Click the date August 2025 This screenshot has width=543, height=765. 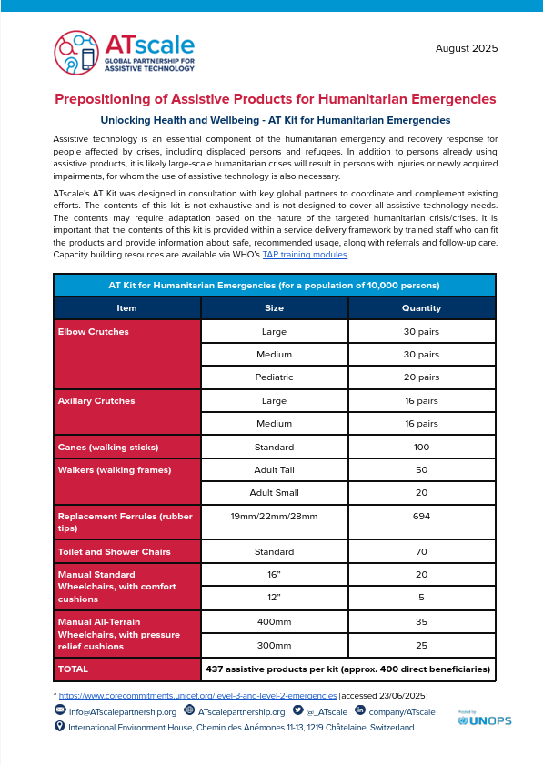click(x=466, y=48)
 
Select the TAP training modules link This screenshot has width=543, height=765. click(x=305, y=255)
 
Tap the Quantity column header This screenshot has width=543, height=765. click(x=421, y=308)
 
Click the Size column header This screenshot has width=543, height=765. click(x=274, y=308)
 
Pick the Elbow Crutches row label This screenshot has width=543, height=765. click(x=94, y=332)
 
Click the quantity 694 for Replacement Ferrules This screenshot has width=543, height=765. click(x=421, y=517)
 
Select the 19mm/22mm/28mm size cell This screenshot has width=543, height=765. click(x=274, y=517)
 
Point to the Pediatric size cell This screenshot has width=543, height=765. click(x=274, y=377)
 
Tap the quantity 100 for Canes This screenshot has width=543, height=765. click(x=421, y=448)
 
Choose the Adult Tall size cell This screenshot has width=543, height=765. click(x=274, y=470)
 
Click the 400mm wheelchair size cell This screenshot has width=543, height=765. click(x=274, y=622)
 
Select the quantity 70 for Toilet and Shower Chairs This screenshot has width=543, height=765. click(x=421, y=552)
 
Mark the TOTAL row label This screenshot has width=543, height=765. click(x=74, y=669)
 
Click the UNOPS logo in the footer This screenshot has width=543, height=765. click(x=485, y=720)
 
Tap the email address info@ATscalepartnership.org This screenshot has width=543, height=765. click(x=123, y=711)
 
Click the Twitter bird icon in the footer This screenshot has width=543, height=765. click(x=297, y=710)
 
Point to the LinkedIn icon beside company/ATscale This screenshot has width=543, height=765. click(x=360, y=710)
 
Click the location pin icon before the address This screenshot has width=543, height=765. click(x=60, y=726)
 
